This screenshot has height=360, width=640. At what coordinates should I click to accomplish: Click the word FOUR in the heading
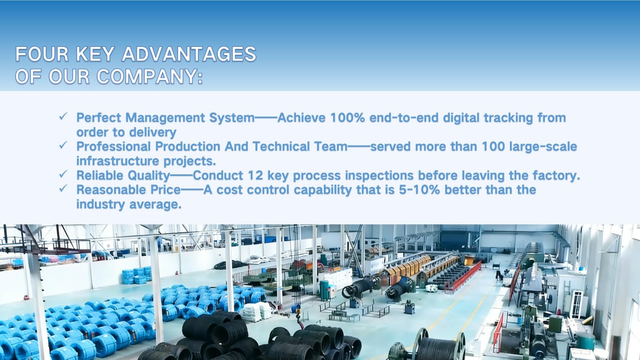42,54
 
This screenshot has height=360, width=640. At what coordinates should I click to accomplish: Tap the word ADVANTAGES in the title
189,54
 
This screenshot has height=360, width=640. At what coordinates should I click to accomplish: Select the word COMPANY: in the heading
150,77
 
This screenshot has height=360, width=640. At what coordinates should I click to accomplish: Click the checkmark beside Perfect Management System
63,116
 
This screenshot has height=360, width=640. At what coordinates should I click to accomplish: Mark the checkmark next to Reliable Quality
63,174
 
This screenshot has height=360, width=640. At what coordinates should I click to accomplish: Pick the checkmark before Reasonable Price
63,188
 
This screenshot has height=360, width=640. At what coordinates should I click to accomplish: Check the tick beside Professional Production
63,145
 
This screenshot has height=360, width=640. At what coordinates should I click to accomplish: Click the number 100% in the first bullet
348,118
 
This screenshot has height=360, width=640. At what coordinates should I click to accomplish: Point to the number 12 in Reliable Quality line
255,175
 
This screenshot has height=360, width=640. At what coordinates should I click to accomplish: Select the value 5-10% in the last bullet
419,190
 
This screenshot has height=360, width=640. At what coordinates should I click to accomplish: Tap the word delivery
153,133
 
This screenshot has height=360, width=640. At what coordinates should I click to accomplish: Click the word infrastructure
117,161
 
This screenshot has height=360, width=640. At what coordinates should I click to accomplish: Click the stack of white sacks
257,311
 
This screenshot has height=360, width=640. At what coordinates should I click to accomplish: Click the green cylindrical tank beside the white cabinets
324,290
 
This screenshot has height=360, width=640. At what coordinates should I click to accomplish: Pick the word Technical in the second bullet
281,147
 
